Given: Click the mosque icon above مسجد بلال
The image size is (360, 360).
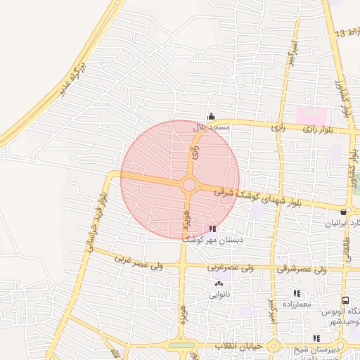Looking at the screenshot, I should [x=210, y=117].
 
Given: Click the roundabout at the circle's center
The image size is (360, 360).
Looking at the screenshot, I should [x=189, y=185].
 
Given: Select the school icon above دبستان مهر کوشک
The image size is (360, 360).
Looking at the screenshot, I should [x=212, y=229].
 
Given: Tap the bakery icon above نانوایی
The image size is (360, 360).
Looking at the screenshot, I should [x=218, y=284].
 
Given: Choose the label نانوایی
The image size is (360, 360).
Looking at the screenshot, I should [x=219, y=295].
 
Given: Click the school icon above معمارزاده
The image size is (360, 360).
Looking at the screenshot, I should [x=297, y=292].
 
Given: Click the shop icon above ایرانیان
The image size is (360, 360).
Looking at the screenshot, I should [x=344, y=212].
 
